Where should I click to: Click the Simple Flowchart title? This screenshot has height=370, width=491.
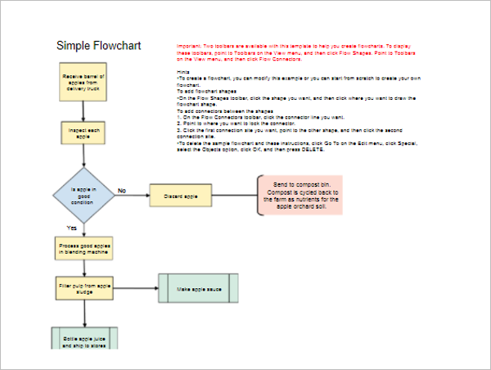click(98, 46)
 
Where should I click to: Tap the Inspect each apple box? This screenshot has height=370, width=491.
click(83, 133)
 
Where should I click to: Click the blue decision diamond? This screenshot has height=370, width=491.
click(83, 195)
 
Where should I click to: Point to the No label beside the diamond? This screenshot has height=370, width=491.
click(122, 190)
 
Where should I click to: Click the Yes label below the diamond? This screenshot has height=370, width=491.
click(71, 228)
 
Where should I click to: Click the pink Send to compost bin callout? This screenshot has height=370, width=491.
click(300, 195)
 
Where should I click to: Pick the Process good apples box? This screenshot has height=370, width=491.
click(83, 249)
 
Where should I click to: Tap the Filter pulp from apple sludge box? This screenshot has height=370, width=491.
click(83, 288)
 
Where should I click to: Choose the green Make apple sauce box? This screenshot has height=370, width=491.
click(198, 288)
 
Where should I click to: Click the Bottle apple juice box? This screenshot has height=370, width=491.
click(84, 339)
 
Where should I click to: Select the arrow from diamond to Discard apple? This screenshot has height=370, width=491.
click(131, 196)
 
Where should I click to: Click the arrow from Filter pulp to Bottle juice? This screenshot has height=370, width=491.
click(83, 314)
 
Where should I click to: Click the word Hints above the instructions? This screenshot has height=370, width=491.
click(184, 74)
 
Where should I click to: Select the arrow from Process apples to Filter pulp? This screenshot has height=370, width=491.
click(83, 268)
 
